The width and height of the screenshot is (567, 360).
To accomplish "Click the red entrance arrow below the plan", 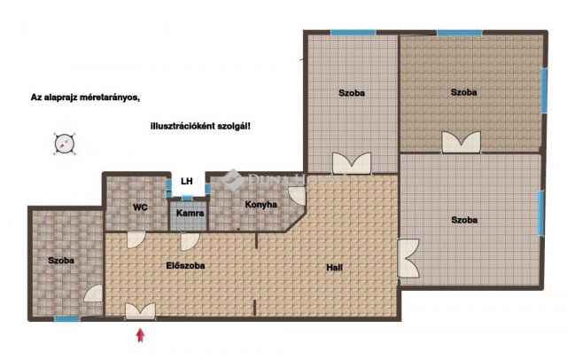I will (139, 335).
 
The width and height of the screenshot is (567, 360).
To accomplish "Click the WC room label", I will (140, 207).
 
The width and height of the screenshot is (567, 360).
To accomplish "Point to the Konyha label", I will (261, 205).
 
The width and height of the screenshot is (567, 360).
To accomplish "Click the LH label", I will (187, 182).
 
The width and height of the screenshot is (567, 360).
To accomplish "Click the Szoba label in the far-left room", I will (61, 261).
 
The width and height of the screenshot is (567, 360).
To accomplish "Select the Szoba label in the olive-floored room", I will (463, 92).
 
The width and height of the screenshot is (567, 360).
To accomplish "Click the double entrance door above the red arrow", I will (139, 309).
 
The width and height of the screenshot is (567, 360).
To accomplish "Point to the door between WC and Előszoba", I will (136, 239).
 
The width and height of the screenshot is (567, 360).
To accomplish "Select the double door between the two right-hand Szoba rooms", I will (462, 143).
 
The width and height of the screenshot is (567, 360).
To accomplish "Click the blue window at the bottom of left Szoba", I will (66, 318).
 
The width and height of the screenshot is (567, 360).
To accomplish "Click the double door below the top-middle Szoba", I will (352, 163).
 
